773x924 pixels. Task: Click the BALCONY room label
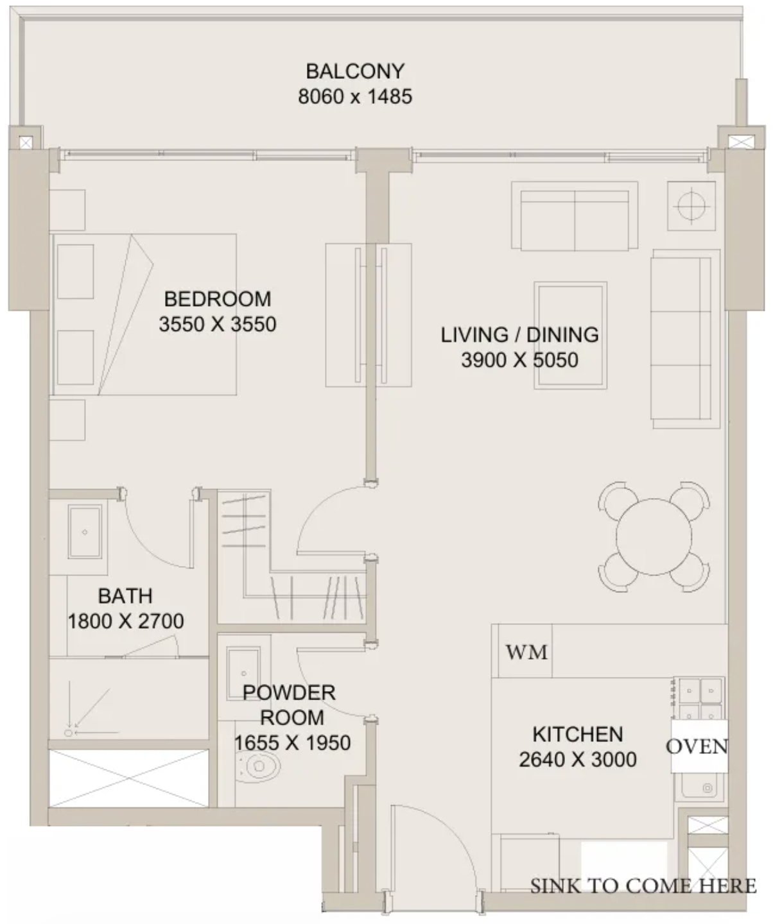point(355,71)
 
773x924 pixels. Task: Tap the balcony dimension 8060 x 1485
point(355,96)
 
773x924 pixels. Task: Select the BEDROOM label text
point(218,299)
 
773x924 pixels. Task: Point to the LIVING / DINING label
point(520,334)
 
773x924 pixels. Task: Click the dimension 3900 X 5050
point(520,360)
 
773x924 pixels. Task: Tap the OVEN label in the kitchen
point(697,746)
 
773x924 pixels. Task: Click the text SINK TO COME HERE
point(643,886)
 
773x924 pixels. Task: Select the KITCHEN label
point(578,734)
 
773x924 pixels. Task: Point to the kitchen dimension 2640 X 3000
point(578,759)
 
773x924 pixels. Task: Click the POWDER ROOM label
point(290,705)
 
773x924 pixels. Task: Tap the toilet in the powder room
point(257,766)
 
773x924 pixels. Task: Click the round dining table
point(654,537)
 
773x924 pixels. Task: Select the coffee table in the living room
point(570,336)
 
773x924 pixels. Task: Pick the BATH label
point(125,596)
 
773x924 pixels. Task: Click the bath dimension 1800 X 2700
point(126,621)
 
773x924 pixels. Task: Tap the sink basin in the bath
point(85,532)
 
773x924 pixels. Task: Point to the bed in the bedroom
point(144,314)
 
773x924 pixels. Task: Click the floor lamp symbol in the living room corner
point(691,206)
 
